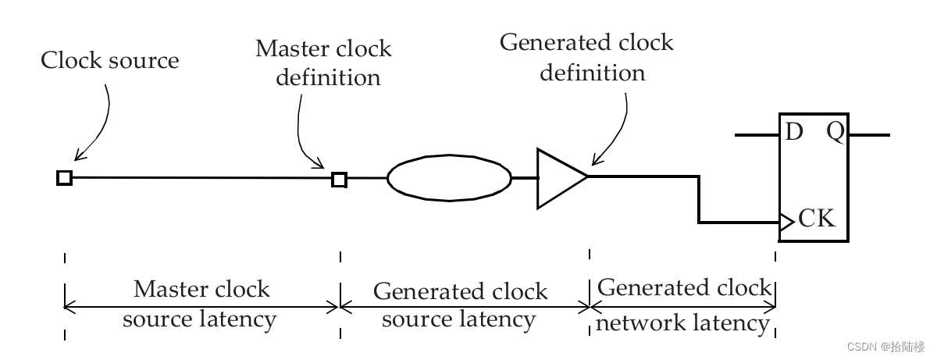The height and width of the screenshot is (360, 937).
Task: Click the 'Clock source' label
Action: click(x=109, y=61)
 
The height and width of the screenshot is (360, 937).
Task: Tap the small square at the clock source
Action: click(x=65, y=178)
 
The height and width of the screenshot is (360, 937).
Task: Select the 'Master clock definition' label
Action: click(x=323, y=63)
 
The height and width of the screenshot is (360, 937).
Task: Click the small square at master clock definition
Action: click(x=339, y=180)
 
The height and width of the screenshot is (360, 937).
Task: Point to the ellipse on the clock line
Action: click(x=449, y=178)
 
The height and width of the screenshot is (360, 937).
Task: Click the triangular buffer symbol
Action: click(x=559, y=178)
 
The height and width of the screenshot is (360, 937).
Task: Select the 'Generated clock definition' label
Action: click(x=587, y=57)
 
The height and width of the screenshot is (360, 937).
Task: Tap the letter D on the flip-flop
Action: click(x=793, y=132)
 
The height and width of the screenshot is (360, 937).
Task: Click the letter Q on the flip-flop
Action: click(x=835, y=132)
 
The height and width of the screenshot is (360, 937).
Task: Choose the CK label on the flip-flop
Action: click(x=817, y=219)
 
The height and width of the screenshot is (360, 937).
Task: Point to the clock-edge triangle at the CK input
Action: click(x=786, y=223)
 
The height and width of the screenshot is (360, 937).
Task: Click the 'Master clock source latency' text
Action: click(x=201, y=304)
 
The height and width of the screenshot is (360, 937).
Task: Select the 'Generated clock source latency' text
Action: click(x=461, y=305)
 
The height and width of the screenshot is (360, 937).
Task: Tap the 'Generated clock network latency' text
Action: click(x=683, y=305)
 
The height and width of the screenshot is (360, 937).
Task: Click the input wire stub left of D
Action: click(x=757, y=135)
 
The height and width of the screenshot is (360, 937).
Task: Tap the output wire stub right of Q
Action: click(x=869, y=135)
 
